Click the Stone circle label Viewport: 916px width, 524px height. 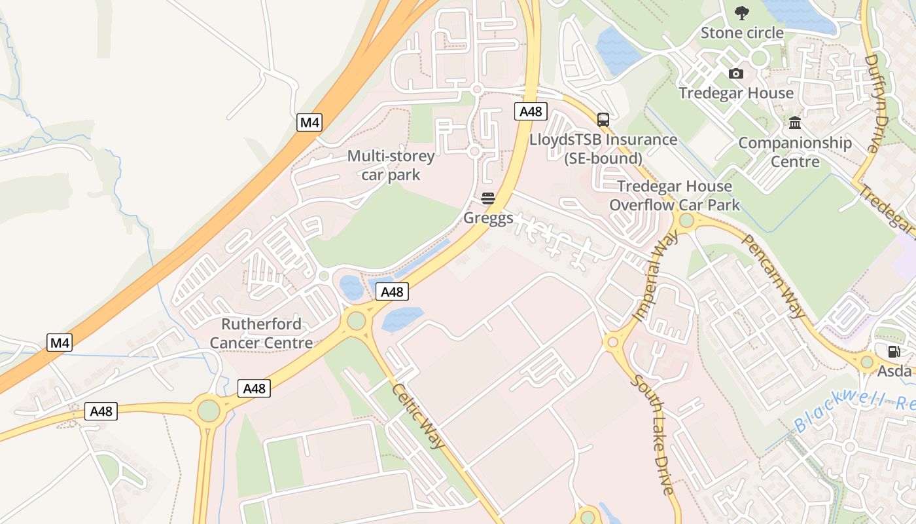(x=742, y=33)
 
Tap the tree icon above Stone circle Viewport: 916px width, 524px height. (x=741, y=12)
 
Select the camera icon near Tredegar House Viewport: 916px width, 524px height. (x=736, y=73)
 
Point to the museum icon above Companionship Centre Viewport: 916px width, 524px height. (x=795, y=123)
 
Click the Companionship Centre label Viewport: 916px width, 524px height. (x=795, y=152)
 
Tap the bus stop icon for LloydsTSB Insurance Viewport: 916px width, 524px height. (x=603, y=119)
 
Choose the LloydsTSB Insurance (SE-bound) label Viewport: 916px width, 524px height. (x=603, y=149)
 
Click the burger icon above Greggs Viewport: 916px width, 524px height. (x=488, y=198)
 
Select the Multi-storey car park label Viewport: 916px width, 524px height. (x=391, y=165)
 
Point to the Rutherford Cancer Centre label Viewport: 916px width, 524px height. (x=261, y=333)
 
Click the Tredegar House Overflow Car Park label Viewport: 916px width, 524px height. (x=675, y=195)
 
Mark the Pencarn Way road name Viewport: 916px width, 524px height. (x=773, y=276)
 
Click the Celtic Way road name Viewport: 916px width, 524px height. (x=419, y=416)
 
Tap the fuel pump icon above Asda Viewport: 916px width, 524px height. (x=894, y=352)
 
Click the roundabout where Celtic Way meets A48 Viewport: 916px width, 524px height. (x=357, y=321)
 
